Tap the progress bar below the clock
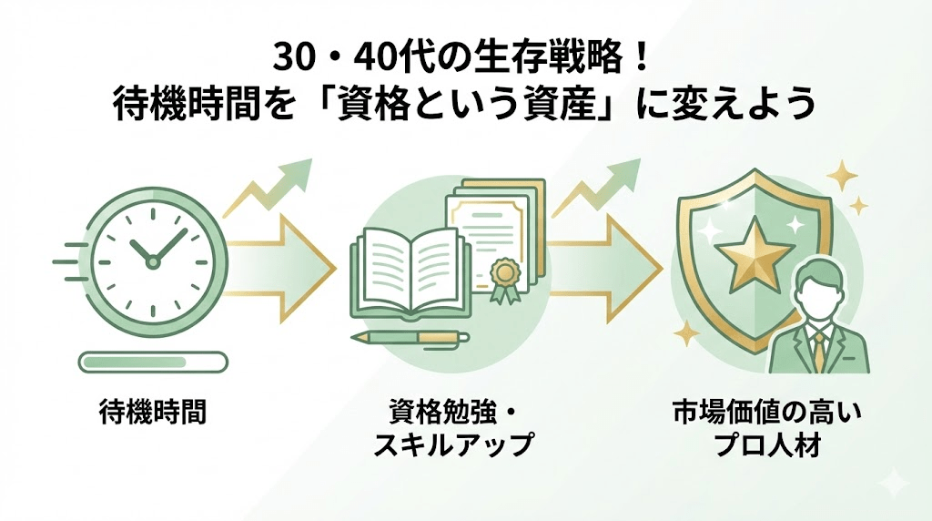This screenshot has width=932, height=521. [x=151, y=363]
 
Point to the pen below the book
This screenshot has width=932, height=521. [x=410, y=338]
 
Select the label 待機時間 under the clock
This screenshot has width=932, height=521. [x=152, y=413]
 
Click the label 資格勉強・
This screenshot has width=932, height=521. [x=452, y=413]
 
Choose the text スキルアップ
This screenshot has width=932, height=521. [x=452, y=446]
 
